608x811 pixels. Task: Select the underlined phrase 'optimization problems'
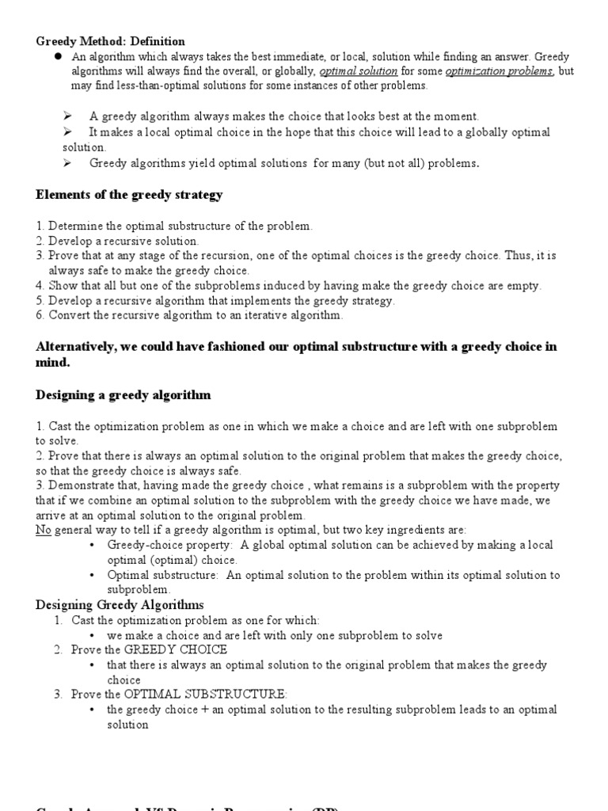(499, 71)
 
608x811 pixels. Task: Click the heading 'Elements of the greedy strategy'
(129, 194)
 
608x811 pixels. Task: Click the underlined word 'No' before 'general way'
(43, 531)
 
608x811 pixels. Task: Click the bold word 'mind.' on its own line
(53, 362)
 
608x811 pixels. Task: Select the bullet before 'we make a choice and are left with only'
(93, 635)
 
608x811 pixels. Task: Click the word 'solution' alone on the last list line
(127, 724)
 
